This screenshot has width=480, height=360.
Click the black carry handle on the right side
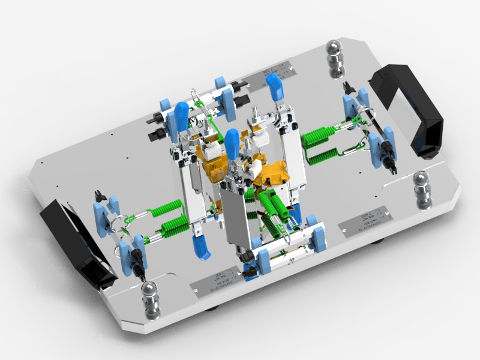pos(414,111)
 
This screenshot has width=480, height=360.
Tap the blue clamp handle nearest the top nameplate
pos(275,87)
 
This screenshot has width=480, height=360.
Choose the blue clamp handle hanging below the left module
pos(201,246)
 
